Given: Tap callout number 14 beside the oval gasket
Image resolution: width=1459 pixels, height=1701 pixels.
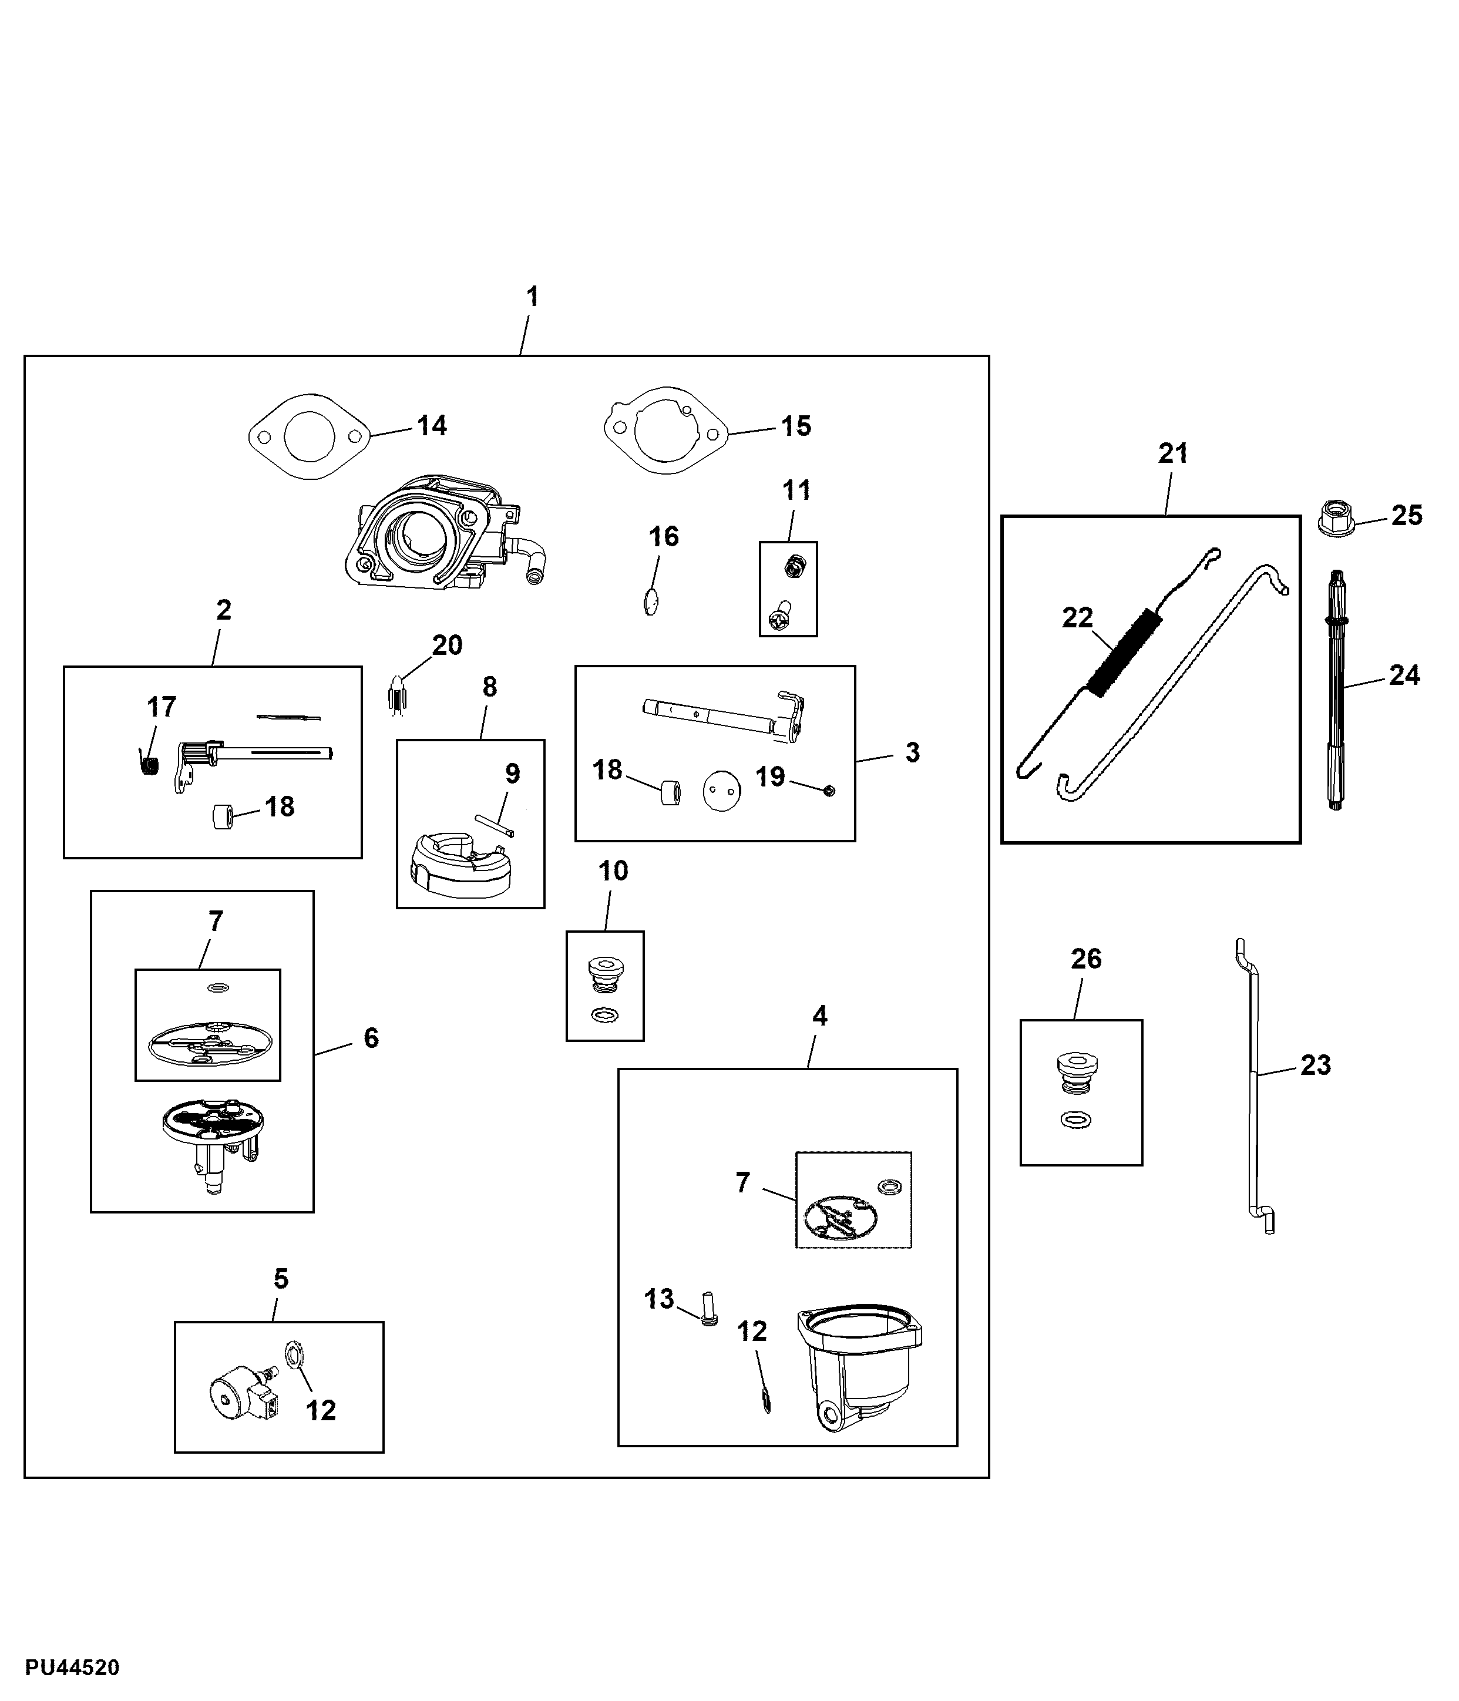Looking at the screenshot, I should (x=432, y=425).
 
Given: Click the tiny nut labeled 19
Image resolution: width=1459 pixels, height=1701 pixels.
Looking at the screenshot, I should (x=828, y=790).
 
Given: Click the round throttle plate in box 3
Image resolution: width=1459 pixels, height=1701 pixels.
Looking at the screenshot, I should (x=722, y=791).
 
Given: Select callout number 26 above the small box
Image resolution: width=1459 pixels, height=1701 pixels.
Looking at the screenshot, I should (x=1085, y=959).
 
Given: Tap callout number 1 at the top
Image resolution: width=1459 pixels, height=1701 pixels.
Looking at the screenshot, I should (x=532, y=297).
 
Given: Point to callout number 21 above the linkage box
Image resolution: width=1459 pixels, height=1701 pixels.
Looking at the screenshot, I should (x=1172, y=453).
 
